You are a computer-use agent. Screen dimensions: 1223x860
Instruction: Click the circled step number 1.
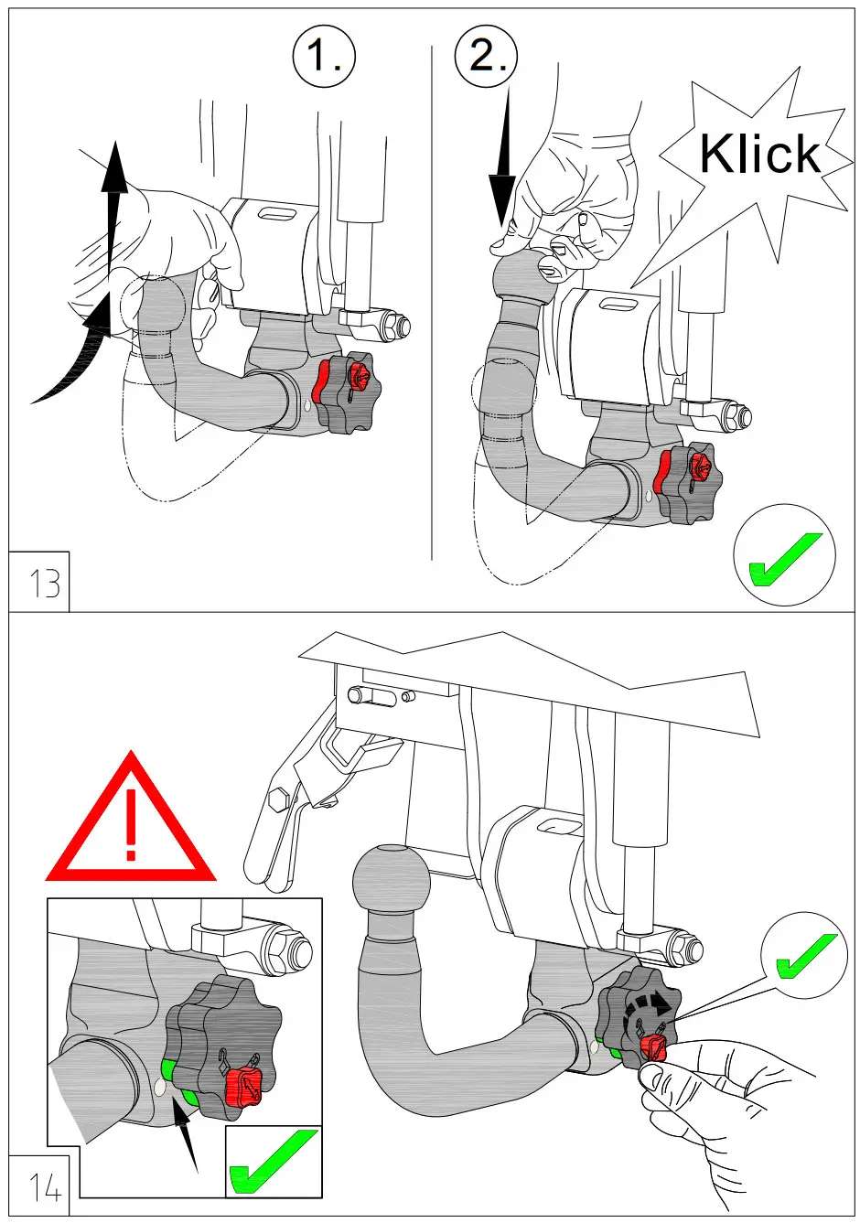[324, 57]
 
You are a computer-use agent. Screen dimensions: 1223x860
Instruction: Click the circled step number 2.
[486, 57]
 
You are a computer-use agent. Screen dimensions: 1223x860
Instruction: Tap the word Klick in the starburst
[759, 154]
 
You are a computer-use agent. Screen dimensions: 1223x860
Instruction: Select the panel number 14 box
[43, 1187]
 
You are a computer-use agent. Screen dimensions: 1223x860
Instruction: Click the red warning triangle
[131, 825]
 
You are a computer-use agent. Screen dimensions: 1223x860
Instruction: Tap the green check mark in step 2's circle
[784, 557]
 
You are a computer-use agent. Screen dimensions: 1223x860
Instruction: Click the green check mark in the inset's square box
[274, 1162]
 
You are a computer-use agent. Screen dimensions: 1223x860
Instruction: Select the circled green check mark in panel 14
[804, 957]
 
